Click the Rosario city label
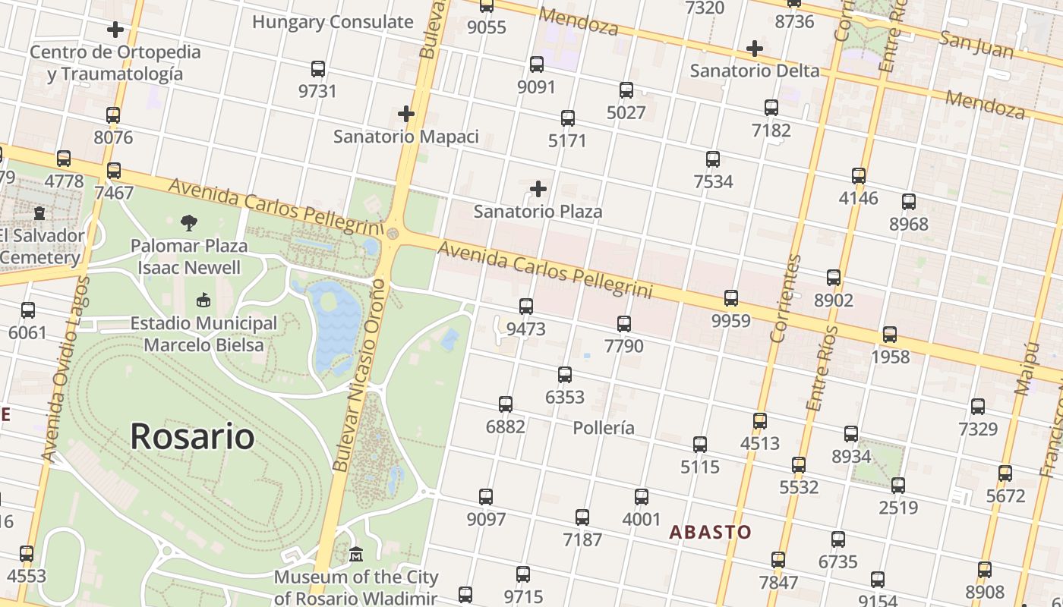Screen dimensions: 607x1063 pyautogui.click(x=192, y=436)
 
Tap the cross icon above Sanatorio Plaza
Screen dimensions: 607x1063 pyautogui.click(x=538, y=188)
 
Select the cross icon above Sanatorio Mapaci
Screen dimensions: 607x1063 pyautogui.click(x=406, y=115)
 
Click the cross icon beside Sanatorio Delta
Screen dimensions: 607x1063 pyautogui.click(x=754, y=49)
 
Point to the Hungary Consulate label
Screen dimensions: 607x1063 pyautogui.click(x=333, y=22)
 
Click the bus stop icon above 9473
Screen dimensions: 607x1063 pyautogui.click(x=526, y=307)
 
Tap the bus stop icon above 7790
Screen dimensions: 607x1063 pyautogui.click(x=624, y=324)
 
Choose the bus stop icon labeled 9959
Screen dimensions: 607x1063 pyautogui.click(x=731, y=298)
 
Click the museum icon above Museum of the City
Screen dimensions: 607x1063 pyautogui.click(x=356, y=555)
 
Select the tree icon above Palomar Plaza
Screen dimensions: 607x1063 pyautogui.click(x=189, y=223)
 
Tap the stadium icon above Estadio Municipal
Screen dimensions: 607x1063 pyautogui.click(x=203, y=300)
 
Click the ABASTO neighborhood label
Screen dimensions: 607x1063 pyautogui.click(x=710, y=532)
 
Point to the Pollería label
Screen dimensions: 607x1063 pyautogui.click(x=604, y=427)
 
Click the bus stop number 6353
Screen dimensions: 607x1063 pyautogui.click(x=565, y=397)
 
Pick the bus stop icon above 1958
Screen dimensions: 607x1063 pyautogui.click(x=890, y=335)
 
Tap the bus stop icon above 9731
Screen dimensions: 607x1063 pyautogui.click(x=318, y=69)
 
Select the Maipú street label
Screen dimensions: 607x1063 pyautogui.click(x=1026, y=369)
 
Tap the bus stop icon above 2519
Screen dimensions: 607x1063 pyautogui.click(x=898, y=486)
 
